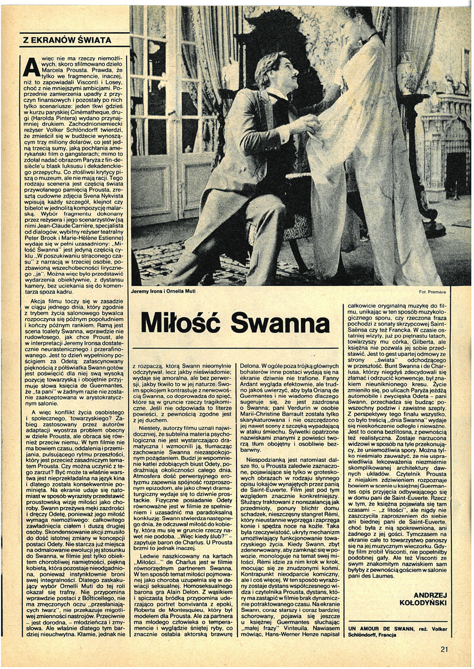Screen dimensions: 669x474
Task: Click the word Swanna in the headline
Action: pyautogui.click(x=280, y=325)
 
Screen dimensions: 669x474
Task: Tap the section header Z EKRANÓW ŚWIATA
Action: pyautogui.click(x=67, y=40)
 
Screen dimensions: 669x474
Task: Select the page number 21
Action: pyautogui.click(x=444, y=648)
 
